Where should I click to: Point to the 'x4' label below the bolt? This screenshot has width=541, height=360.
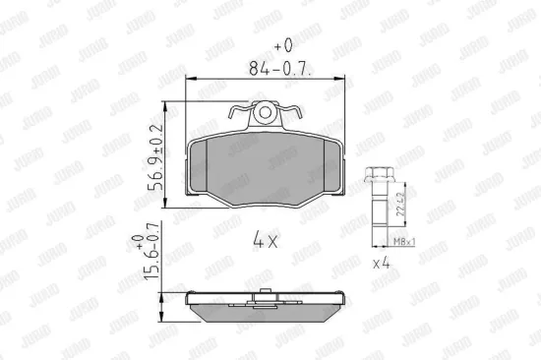385,265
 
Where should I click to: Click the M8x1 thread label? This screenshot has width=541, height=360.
404,241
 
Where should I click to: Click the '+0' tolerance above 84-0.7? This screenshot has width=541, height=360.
283,46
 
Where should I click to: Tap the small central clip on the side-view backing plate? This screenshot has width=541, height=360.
265,291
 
